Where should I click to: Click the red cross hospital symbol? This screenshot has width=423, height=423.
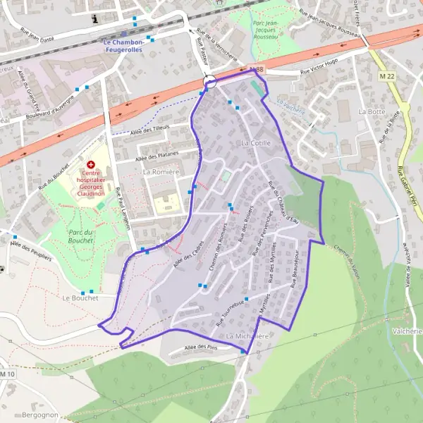point(90,164)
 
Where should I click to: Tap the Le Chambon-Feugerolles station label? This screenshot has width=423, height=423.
point(123,46)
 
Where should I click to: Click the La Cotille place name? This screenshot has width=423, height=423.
point(255,142)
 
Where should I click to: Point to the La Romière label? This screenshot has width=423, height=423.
point(159,171)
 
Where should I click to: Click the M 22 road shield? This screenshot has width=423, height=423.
point(386,75)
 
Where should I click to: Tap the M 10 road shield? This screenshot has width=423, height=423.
point(7,374)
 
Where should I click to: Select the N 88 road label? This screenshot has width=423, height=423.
point(257,69)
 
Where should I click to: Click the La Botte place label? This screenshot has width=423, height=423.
point(372,111)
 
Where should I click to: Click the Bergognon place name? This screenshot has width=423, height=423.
point(40,415)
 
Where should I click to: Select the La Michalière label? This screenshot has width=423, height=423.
point(248,336)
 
